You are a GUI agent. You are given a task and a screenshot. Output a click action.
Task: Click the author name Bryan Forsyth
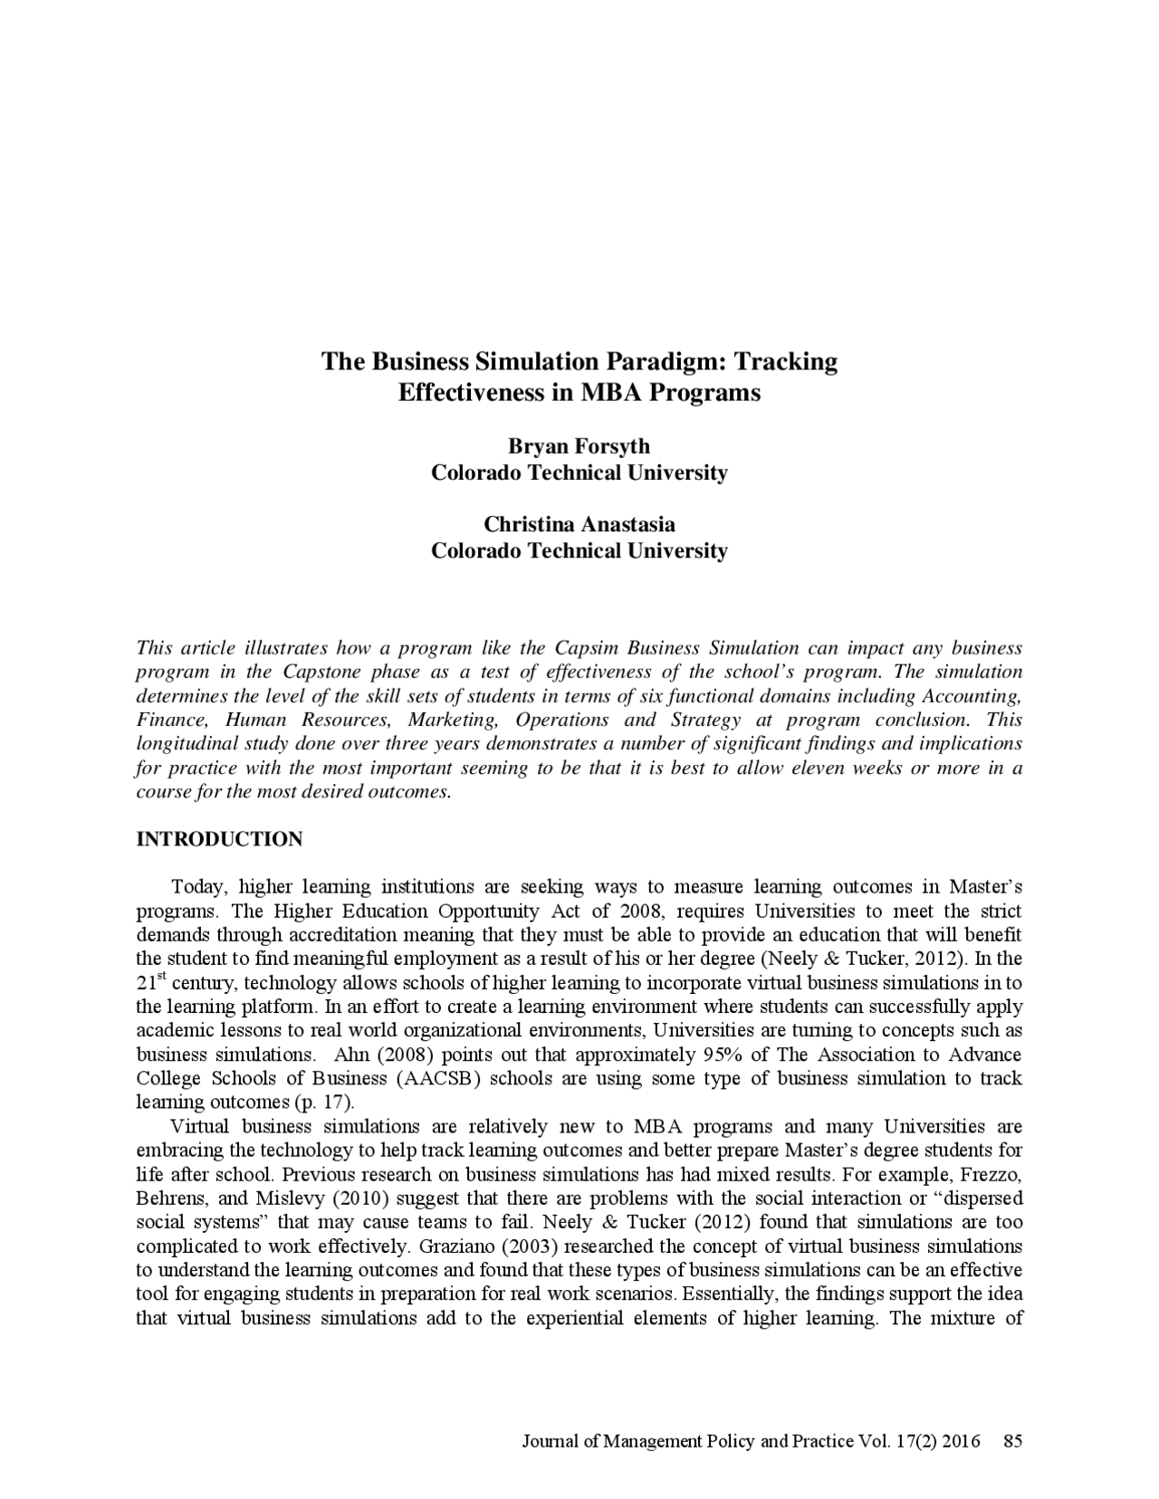point(579,446)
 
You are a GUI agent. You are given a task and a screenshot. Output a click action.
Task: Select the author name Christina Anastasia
point(579,524)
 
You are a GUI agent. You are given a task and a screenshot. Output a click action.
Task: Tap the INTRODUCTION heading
point(219,839)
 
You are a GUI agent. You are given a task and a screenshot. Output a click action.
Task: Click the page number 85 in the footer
point(1013,1441)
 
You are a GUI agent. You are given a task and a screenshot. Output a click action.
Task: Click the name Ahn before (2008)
point(350,1055)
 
